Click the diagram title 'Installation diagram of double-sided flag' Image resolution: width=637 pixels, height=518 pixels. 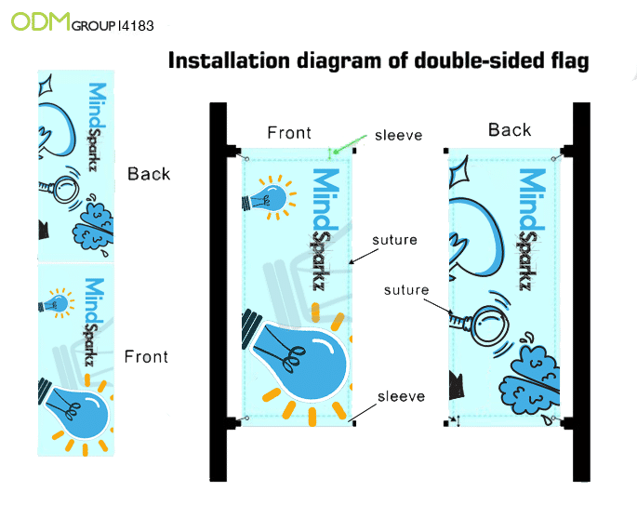pyautogui.click(x=378, y=62)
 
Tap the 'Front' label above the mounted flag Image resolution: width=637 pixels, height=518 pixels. pyautogui.click(x=289, y=133)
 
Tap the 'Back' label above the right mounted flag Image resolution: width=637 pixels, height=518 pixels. pyautogui.click(x=510, y=130)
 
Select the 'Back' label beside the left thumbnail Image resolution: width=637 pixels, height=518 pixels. pyautogui.click(x=149, y=174)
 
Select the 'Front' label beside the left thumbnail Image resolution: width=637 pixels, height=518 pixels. pyautogui.click(x=147, y=357)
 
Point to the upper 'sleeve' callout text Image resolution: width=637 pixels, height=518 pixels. pyautogui.click(x=399, y=136)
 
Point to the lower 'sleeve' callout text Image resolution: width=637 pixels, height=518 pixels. pyautogui.click(x=401, y=397)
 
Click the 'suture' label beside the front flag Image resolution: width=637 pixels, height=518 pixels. pyautogui.click(x=394, y=240)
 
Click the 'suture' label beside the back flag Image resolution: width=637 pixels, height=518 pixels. pyautogui.click(x=407, y=290)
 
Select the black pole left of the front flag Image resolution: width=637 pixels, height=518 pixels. pyautogui.click(x=219, y=288)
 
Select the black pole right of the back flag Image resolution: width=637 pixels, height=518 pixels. pyautogui.click(x=581, y=288)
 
